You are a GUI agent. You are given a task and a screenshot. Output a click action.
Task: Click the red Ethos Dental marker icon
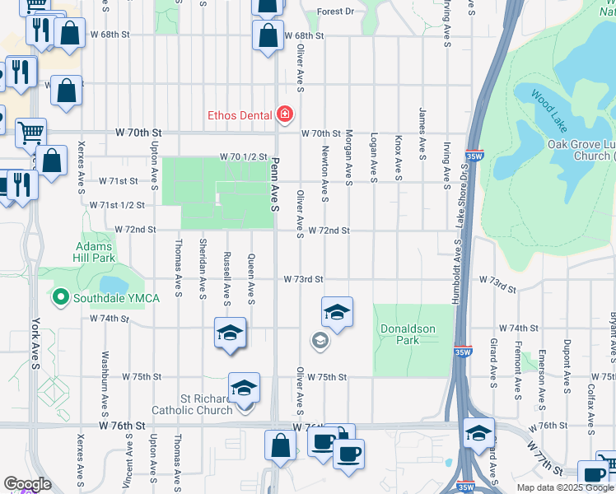coord(285,114)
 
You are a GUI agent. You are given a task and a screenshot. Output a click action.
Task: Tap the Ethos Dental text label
coord(240,115)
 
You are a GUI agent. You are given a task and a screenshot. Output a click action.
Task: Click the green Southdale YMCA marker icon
coord(59,297)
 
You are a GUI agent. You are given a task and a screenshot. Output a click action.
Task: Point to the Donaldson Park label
coord(407,333)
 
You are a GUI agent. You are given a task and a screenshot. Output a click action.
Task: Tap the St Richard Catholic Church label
coord(192,404)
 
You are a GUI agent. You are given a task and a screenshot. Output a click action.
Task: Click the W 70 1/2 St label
coord(244,156)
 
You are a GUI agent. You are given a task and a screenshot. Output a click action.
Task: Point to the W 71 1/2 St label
coord(117,204)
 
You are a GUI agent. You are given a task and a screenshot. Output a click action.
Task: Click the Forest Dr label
coord(335,12)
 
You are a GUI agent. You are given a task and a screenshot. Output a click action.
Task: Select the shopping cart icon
coord(30,132)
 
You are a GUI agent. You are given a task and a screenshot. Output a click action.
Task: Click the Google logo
coord(27,484)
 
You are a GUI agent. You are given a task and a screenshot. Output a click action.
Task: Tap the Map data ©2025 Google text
coord(564,487)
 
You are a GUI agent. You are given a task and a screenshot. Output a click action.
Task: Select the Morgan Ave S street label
coord(349,157)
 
